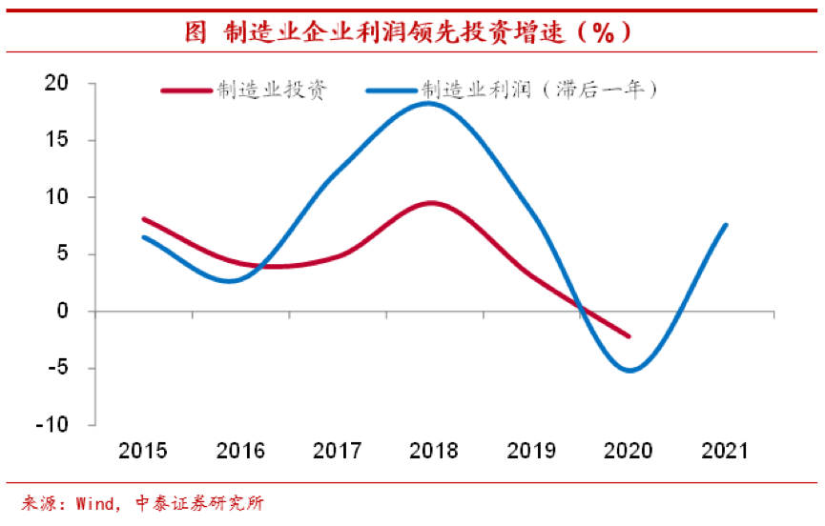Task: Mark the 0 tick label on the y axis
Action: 63,312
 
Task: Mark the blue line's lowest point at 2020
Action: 629,371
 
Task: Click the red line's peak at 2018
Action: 432,203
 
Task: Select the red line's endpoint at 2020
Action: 629,336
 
